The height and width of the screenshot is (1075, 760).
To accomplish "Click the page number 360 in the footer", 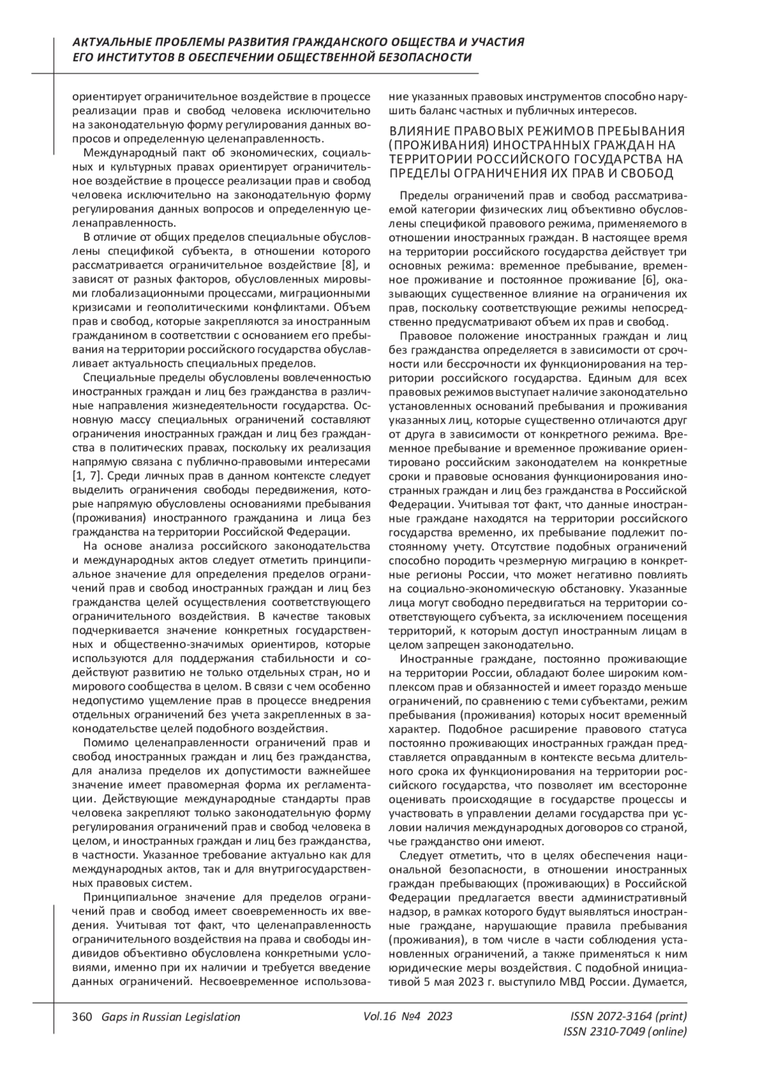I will [x=82, y=1017].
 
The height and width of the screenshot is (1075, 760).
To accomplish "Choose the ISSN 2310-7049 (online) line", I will [x=624, y=1032].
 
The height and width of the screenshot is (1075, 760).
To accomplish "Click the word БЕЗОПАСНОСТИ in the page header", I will [x=426, y=58].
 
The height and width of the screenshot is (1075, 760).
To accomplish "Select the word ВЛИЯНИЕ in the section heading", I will [x=417, y=131].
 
